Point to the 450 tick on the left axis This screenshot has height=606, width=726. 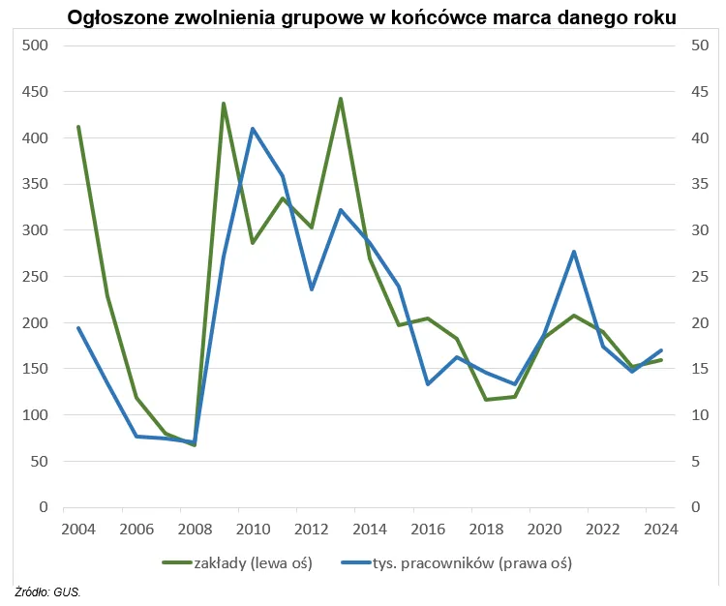[x=35, y=92]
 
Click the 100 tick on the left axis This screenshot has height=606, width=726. [x=35, y=415]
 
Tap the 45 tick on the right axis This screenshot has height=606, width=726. [x=694, y=92]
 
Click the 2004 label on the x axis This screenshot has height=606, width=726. [x=78, y=530]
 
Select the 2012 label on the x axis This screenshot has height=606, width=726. [x=312, y=530]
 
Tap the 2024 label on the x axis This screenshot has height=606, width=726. [x=661, y=530]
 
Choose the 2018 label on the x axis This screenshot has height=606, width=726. [x=486, y=530]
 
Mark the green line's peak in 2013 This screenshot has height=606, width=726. [x=341, y=98]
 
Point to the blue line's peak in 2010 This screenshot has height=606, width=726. [x=253, y=129]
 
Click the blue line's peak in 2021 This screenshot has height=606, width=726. [x=574, y=252]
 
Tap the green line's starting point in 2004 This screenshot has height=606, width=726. [x=78, y=126]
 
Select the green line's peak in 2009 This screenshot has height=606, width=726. [x=224, y=103]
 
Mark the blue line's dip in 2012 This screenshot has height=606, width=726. [x=312, y=289]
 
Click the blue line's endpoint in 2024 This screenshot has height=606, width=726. [x=661, y=350]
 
